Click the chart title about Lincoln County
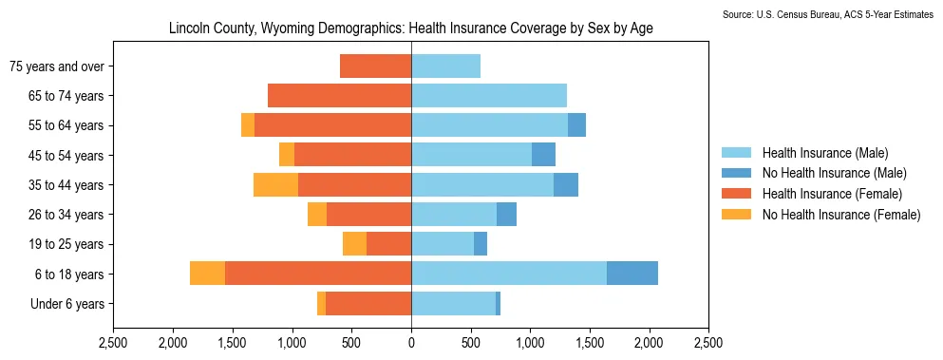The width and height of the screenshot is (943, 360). (411, 28)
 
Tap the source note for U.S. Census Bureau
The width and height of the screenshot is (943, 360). (831, 14)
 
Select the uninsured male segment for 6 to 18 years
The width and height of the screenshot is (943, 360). (632, 274)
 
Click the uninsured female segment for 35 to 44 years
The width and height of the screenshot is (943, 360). (276, 185)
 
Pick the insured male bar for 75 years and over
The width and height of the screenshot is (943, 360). (446, 66)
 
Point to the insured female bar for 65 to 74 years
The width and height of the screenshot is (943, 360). (340, 96)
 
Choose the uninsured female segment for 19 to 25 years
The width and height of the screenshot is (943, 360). (355, 244)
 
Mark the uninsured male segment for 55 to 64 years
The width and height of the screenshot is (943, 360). (576, 125)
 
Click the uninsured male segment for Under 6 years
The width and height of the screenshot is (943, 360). (498, 303)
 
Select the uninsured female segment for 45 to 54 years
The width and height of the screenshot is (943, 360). (287, 155)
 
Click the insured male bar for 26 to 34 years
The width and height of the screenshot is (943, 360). (454, 215)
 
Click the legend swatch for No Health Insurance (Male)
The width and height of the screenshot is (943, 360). (736, 174)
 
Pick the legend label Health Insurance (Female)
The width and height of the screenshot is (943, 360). (833, 194)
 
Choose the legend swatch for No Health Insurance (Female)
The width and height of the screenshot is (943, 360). (736, 215)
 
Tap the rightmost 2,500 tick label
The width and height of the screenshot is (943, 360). (709, 345)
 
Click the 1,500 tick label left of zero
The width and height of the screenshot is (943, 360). (233, 345)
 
